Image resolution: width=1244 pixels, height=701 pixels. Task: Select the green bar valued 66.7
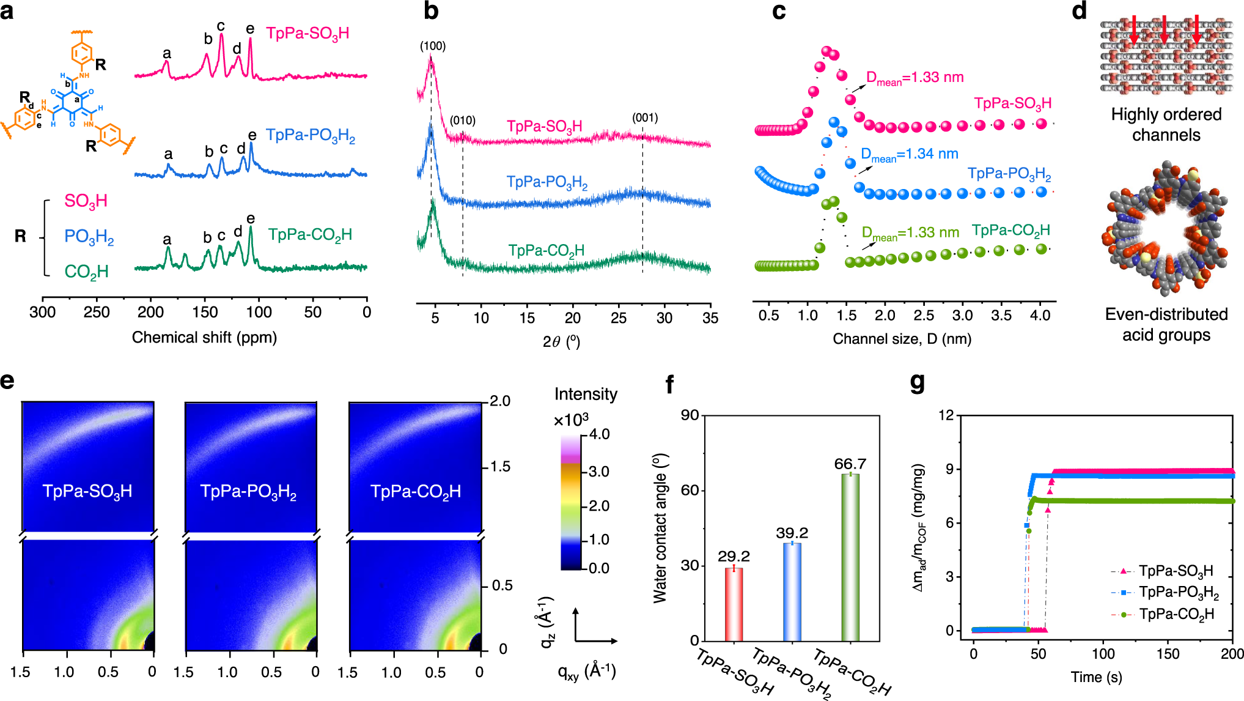(850, 557)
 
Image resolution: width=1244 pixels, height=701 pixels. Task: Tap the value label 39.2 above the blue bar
(792, 533)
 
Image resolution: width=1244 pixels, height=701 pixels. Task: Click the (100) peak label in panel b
(432, 46)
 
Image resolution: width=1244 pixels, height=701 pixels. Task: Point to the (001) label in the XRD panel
(645, 117)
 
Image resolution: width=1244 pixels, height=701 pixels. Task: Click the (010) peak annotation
(462, 121)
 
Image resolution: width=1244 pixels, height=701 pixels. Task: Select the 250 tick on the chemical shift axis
(97, 313)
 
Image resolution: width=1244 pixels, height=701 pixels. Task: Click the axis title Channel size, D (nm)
(902, 339)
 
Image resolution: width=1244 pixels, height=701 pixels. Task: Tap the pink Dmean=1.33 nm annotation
(915, 78)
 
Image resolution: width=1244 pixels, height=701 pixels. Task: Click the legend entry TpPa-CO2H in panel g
(1176, 614)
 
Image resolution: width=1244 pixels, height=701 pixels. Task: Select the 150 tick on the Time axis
(1167, 654)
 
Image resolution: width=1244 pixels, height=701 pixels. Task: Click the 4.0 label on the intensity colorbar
(598, 434)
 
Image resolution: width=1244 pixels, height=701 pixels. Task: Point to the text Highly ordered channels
(1166, 124)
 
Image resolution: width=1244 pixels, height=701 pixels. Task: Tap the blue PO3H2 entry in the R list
(89, 237)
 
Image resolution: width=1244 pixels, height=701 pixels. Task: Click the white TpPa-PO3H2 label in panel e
(248, 492)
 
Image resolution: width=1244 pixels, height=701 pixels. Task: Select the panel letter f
(669, 385)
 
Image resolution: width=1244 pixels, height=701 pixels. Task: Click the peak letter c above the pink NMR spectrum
(221, 26)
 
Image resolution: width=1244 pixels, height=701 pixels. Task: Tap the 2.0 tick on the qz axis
(500, 401)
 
